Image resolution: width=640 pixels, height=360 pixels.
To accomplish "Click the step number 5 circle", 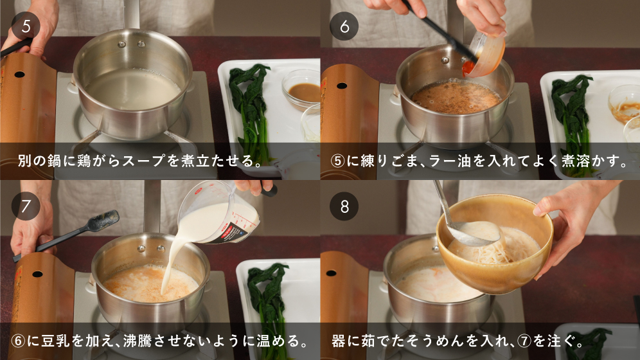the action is pos(26,26).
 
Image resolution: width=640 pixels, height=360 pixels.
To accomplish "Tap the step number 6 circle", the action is pos(344,26).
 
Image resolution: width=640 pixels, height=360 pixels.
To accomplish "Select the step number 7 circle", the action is pos(26,206).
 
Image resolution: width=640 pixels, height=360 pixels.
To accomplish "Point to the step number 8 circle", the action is pos(344,206).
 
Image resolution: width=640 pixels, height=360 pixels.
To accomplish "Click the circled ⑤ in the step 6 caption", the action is pos(338,161).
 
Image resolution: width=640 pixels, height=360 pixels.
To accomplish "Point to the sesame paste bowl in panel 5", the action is pos(301,90).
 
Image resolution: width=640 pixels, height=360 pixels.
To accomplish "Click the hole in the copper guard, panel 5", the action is pos(19,75).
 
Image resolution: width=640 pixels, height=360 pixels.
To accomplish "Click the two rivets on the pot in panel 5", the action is pos(132,44).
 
